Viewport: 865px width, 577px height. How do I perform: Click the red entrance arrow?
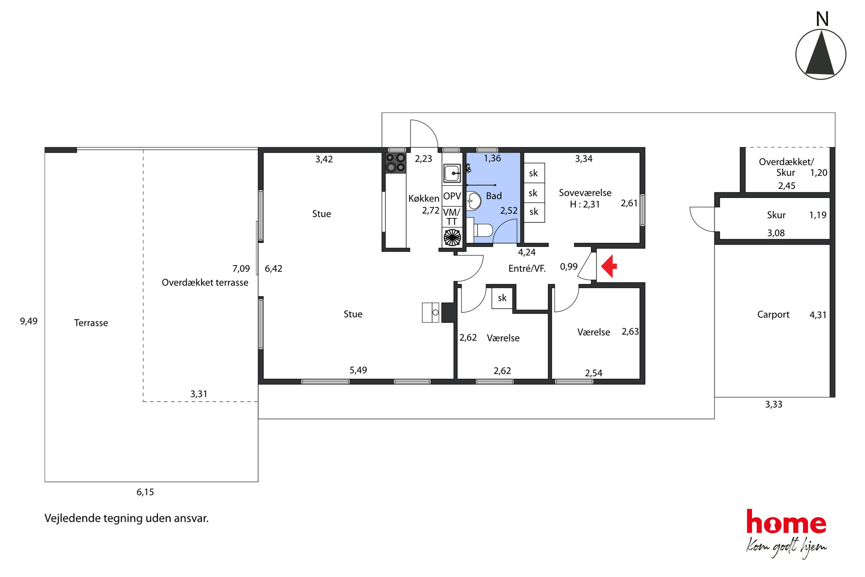point(609,266)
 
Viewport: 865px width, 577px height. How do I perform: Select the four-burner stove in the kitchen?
point(395,163)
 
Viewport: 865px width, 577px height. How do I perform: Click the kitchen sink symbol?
point(452,173)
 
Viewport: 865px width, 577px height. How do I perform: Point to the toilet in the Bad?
point(481,230)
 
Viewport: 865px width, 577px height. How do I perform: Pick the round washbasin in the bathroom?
point(474,201)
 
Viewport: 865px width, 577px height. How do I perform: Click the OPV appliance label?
point(452,196)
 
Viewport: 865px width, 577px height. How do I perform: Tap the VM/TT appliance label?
point(452,217)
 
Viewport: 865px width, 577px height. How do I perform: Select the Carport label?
point(773,314)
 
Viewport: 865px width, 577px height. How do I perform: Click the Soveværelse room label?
point(585,193)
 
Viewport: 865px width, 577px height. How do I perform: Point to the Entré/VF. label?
point(527,268)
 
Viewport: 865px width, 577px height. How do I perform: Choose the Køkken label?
point(424,198)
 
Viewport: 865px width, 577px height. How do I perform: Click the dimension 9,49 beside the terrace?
point(29,321)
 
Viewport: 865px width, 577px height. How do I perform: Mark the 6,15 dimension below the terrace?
point(145,492)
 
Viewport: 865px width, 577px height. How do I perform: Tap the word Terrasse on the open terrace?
point(91,323)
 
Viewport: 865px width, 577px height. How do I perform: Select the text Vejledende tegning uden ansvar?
point(126,518)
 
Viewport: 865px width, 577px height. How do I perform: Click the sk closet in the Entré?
point(502,298)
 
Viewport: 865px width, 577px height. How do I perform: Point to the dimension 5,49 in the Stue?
point(358,370)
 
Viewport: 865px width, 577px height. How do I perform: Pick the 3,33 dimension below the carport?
point(774,404)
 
